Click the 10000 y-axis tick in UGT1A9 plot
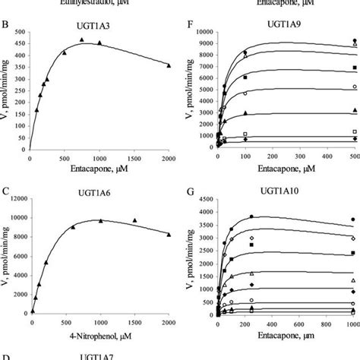point(202,33)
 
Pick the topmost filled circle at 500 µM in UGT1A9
point(353,41)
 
